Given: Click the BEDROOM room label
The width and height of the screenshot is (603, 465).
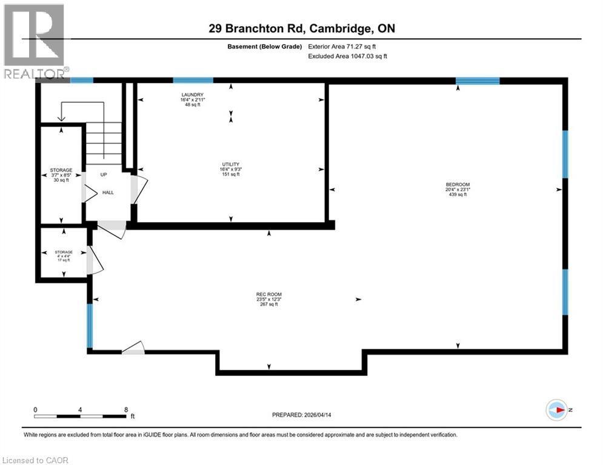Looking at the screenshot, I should point(458,185).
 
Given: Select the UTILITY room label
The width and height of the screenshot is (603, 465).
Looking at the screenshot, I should point(230,164).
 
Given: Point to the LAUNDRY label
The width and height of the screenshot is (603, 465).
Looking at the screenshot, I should point(192,94).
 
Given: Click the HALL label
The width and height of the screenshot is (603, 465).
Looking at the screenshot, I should point(108,193).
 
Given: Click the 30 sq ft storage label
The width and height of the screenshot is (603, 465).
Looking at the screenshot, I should point(61,175).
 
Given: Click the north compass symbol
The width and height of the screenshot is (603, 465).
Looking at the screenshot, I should point(557,411).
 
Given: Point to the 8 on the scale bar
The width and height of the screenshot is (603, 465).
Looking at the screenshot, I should point(125,409).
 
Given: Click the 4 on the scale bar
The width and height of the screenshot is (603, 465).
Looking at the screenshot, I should point(81,409).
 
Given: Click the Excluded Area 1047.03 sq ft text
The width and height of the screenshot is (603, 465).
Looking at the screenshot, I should point(347,56).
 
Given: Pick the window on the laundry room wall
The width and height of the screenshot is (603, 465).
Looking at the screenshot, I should point(193,80).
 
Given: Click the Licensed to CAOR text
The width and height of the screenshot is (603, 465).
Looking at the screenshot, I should point(36,460).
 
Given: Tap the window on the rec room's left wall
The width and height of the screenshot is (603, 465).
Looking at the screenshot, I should point(90,325).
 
